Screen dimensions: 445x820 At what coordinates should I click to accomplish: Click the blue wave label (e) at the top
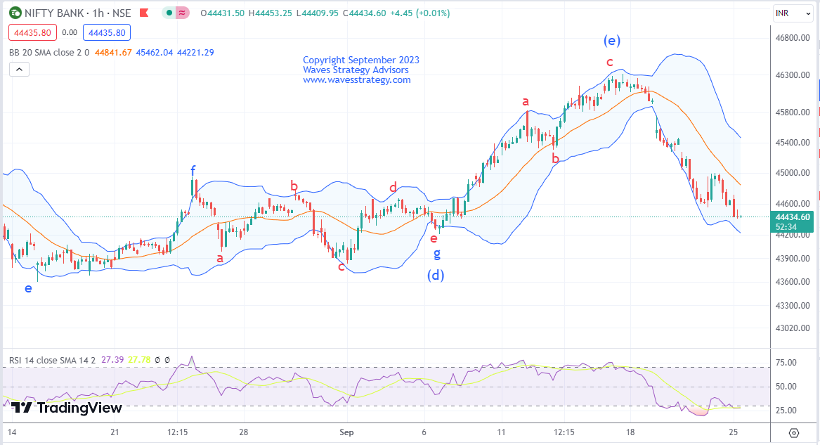point(611,40)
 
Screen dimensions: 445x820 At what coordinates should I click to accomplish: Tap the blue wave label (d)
point(436,275)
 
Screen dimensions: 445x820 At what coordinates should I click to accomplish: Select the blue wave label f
point(193,170)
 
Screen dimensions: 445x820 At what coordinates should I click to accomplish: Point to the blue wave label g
point(436,254)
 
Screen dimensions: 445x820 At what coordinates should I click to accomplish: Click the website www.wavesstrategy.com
point(356,80)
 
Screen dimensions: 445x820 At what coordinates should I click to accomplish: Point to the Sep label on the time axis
point(346,432)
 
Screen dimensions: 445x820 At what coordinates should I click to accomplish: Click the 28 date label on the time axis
point(243,432)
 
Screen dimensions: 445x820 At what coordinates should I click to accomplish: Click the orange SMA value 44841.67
point(113,52)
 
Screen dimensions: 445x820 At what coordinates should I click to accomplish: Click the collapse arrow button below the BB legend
point(20,69)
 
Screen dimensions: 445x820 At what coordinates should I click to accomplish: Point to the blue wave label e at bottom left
point(28,288)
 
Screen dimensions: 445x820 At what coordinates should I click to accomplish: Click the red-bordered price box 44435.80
point(32,32)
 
